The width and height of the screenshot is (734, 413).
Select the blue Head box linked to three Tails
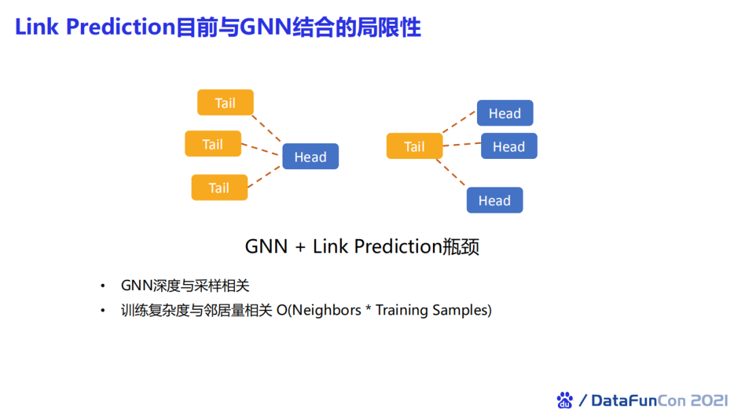[310, 157]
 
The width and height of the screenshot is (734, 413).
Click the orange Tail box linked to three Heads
[414, 147]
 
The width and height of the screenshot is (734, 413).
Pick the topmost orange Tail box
[225, 103]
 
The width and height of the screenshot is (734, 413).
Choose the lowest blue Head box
[494, 200]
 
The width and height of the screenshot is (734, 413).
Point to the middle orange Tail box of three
[213, 144]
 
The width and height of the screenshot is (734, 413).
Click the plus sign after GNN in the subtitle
[300, 247]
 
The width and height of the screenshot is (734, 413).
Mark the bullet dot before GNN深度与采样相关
[103, 285]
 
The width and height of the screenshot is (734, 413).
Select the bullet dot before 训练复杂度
[103, 310]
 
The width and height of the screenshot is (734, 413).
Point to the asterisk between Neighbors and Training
[368, 309]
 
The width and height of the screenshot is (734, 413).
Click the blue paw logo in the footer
[565, 400]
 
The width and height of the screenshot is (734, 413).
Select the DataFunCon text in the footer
[639, 400]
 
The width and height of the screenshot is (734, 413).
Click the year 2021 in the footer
[709, 400]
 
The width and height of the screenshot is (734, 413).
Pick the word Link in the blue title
[37, 27]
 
